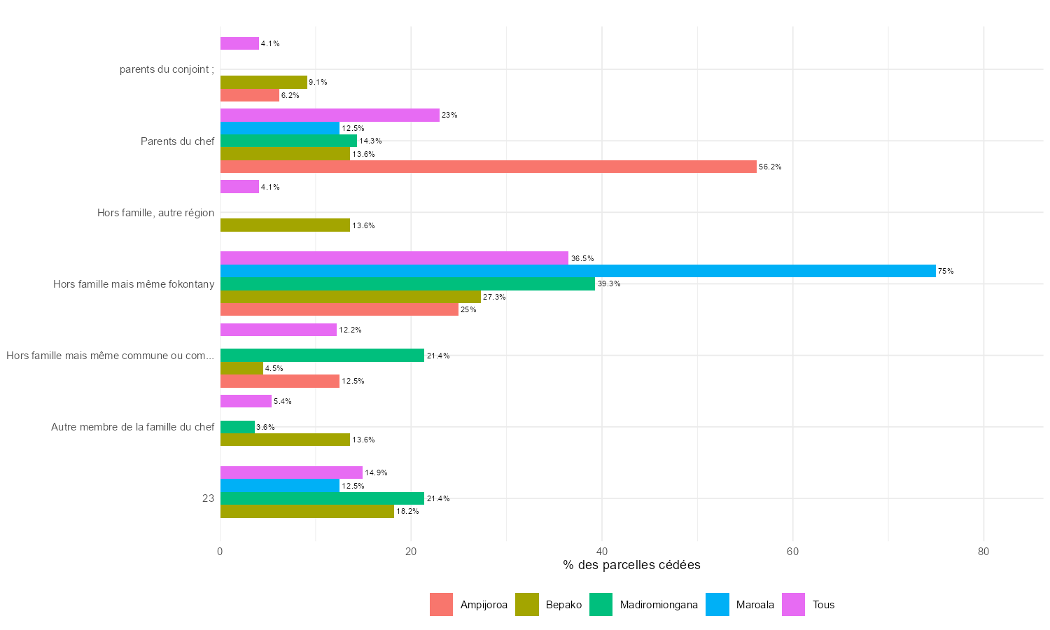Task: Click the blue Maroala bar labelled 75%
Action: (x=577, y=271)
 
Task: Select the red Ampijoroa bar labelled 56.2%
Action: (x=488, y=167)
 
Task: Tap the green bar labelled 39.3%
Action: (x=407, y=283)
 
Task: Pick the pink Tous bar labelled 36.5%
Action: (x=394, y=258)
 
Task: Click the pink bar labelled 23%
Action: (x=330, y=115)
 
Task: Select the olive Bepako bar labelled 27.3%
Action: (x=350, y=297)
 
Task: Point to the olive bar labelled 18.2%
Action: (x=307, y=511)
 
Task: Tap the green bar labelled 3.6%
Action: (x=237, y=427)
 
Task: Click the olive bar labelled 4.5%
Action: (x=241, y=368)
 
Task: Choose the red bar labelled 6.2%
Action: (x=249, y=95)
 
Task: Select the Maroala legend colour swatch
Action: (x=717, y=605)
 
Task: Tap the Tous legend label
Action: (x=823, y=605)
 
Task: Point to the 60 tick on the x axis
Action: (x=792, y=552)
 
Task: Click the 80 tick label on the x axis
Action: (x=983, y=552)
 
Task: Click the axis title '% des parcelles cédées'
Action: (x=631, y=565)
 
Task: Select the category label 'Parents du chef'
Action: (x=177, y=141)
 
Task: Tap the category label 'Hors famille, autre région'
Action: (x=155, y=213)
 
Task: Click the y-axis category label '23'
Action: (x=208, y=498)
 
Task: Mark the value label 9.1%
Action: (x=318, y=83)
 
